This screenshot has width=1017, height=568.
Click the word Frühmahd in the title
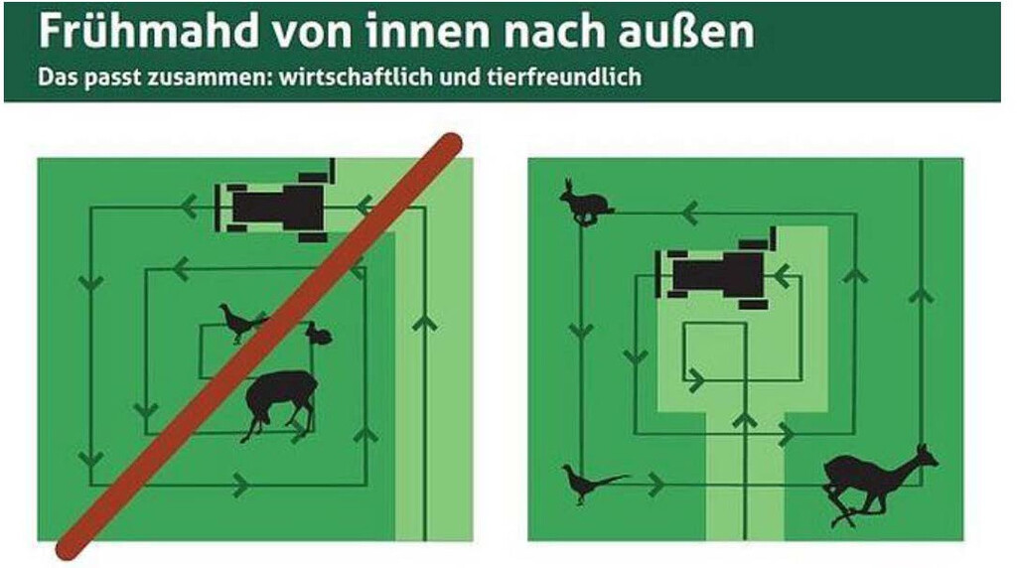click(x=149, y=31)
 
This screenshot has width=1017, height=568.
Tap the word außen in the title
click(x=686, y=31)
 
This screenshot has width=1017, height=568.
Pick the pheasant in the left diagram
click(x=242, y=323)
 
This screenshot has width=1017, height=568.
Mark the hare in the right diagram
click(x=585, y=203)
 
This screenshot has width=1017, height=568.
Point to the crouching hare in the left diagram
click(x=319, y=334)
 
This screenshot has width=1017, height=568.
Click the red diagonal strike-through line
click(x=259, y=347)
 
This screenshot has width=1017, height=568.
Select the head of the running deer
click(x=925, y=457)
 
